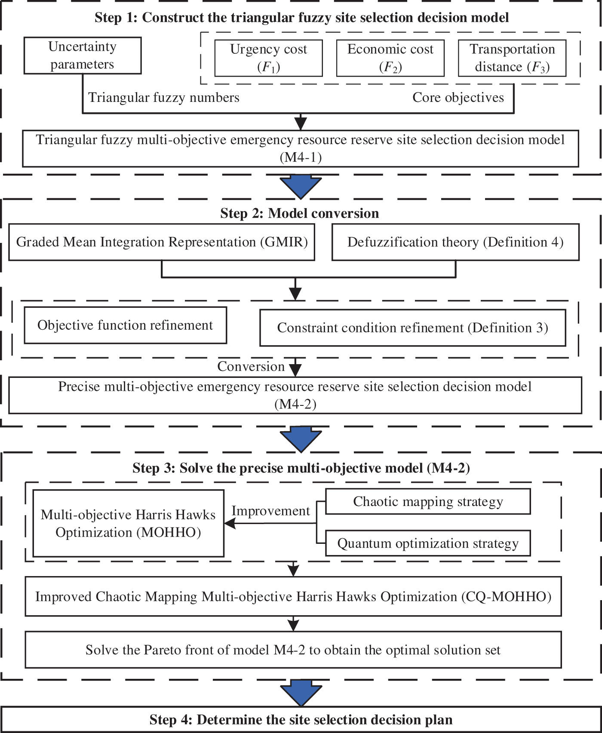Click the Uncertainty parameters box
point(82,55)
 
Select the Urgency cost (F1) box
point(268,58)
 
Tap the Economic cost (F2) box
point(390,58)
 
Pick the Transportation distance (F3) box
point(512,58)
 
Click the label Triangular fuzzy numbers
point(163,98)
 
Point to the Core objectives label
point(458,98)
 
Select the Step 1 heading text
point(301,18)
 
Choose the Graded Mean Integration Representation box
point(162,242)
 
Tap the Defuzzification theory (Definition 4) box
point(455,242)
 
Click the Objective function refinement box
point(125,325)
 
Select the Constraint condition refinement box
point(412,328)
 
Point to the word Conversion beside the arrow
point(251,366)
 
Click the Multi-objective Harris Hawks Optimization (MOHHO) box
point(128,523)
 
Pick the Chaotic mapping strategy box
point(428,501)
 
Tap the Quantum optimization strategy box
point(428,543)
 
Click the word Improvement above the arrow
point(270,511)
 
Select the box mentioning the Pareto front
point(293,650)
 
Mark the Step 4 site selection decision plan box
point(301,720)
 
